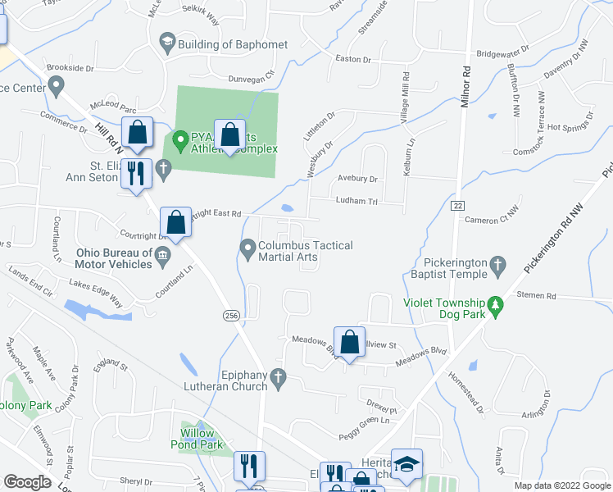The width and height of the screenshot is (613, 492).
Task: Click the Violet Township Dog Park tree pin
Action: coord(494,306)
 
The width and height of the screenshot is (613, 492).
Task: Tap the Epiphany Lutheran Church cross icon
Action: coord(279,378)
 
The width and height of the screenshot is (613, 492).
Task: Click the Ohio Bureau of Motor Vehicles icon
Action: coord(162,256)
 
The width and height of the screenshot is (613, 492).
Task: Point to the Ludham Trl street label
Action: coord(355,201)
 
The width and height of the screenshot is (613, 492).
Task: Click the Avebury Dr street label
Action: coord(356,179)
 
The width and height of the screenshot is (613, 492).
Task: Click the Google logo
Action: coord(28,482)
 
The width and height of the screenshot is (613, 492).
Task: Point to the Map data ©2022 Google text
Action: coord(561,485)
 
